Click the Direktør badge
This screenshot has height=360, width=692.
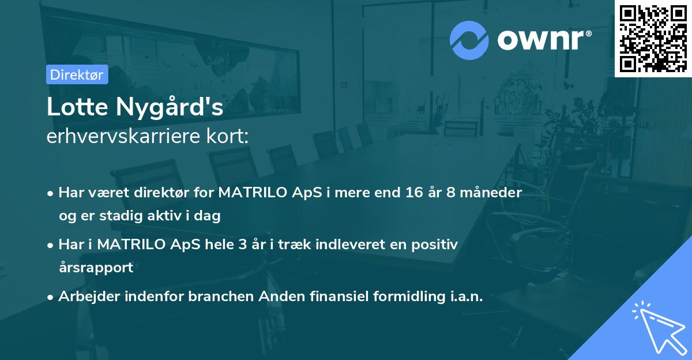(77, 74)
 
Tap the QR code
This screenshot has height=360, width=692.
(653, 38)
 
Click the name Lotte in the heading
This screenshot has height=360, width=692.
(78, 108)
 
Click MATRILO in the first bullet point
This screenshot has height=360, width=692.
(249, 193)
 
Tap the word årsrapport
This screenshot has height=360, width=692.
(96, 267)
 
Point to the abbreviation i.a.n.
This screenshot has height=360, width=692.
(465, 297)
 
